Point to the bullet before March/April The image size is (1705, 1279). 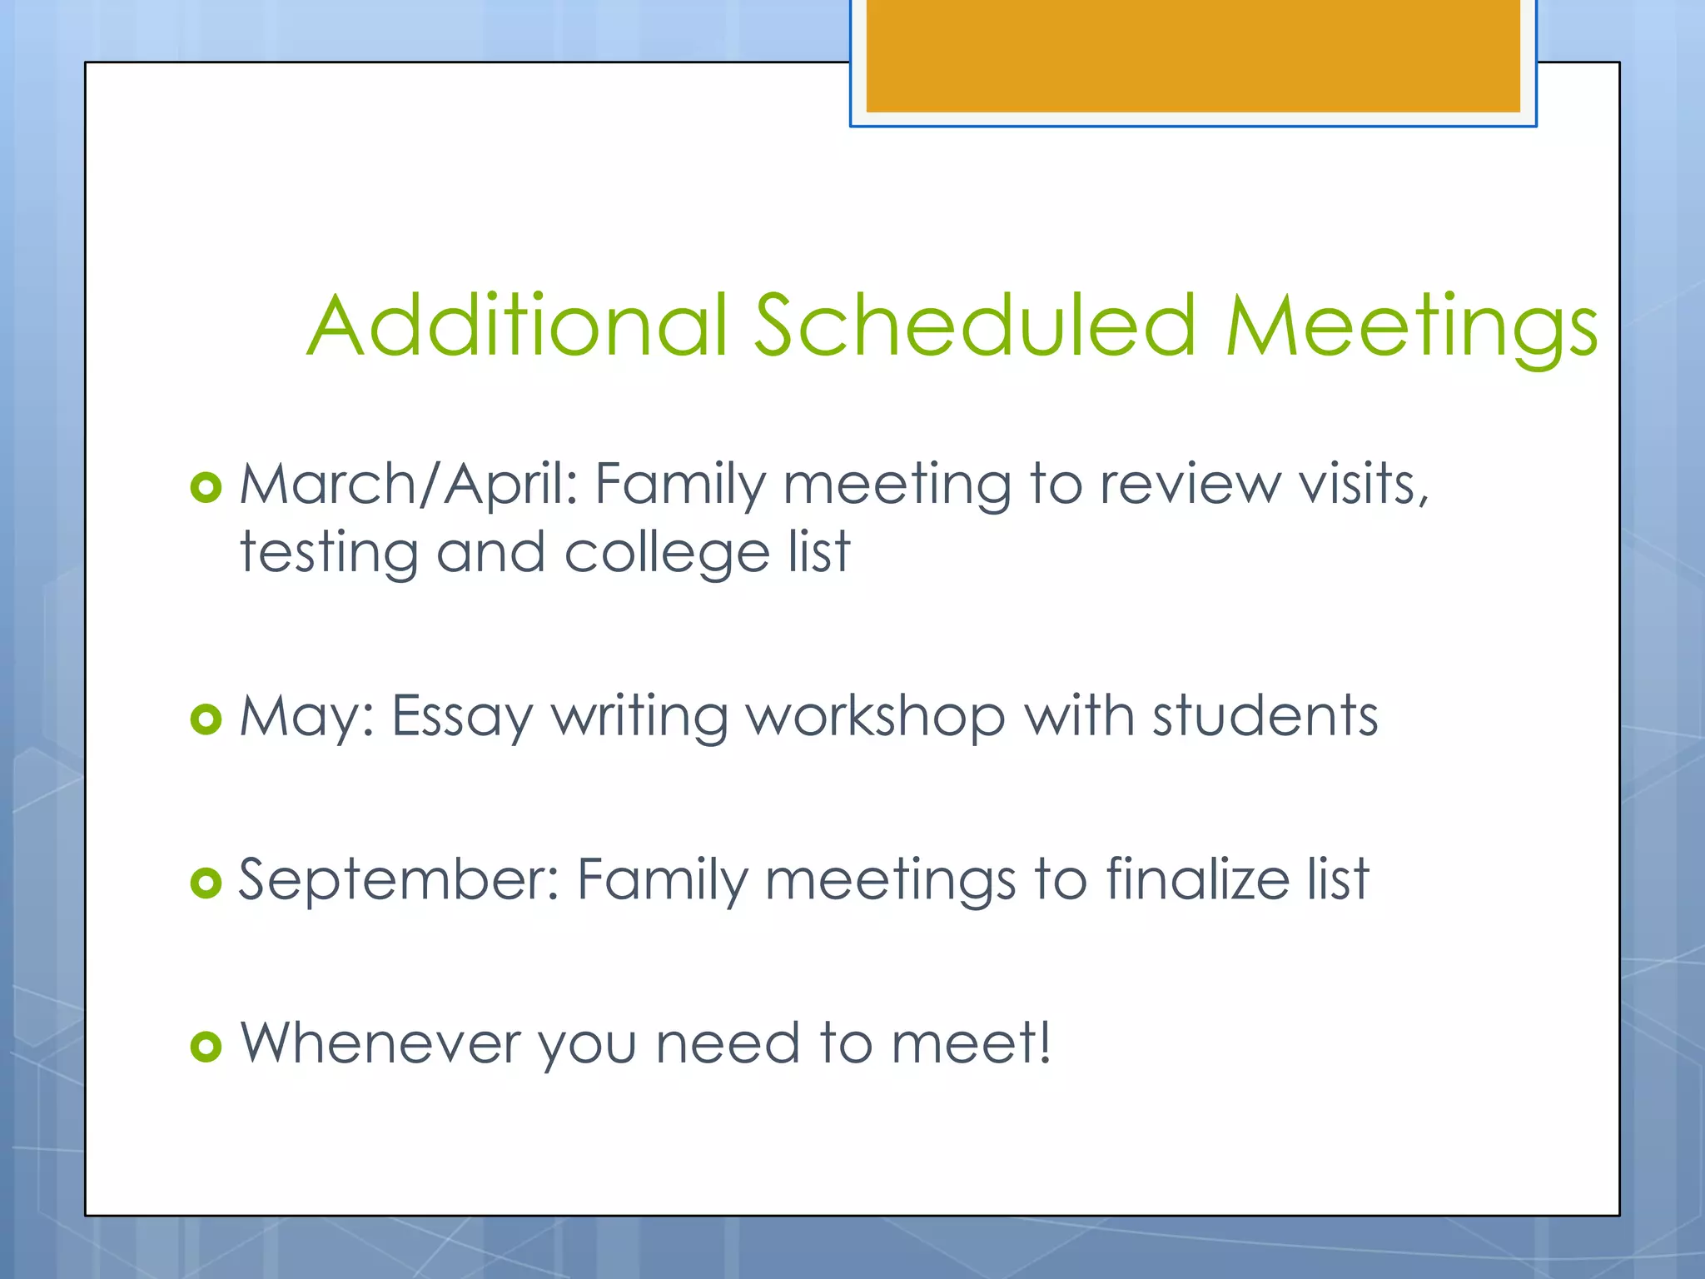206,487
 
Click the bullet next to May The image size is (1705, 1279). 206,719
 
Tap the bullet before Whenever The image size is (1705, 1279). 206,1046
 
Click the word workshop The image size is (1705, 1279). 874,716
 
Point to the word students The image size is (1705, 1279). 1265,716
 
